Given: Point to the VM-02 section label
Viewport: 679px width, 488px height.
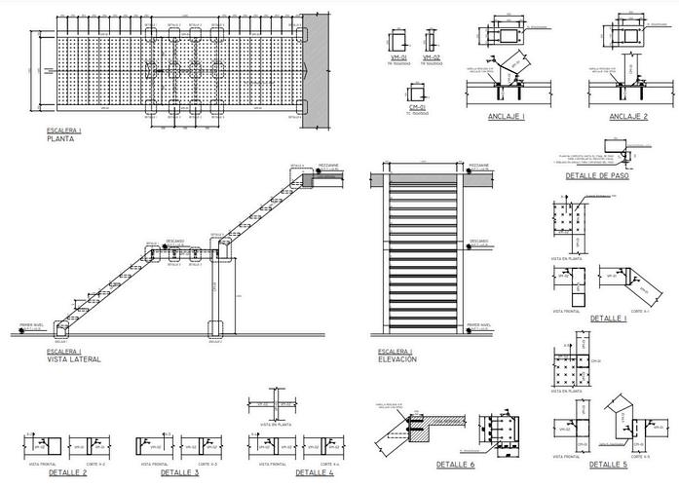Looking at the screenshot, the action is pos(430,57).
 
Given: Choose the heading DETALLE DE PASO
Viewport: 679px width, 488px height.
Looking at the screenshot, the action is pos(597,176).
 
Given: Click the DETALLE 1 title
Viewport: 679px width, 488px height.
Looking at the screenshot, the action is pos(609,318).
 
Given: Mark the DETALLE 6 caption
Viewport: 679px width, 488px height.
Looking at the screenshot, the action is pos(455,465).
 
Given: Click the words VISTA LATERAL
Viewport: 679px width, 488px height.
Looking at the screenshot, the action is pos(73,358).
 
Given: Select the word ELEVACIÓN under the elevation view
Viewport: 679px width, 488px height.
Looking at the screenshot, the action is pos(396,358).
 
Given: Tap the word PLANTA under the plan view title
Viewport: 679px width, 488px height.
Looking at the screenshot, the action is pos(60,138).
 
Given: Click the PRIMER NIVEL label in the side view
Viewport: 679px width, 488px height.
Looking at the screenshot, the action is pos(33,325).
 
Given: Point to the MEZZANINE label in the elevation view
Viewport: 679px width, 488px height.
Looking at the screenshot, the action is pos(478,165).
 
